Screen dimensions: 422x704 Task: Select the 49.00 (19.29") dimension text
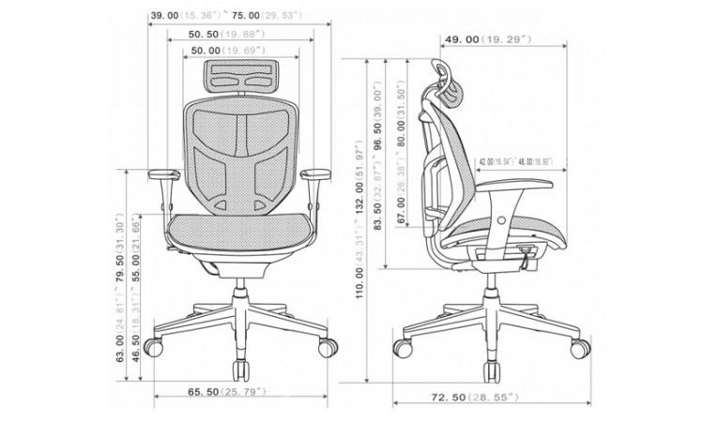click(x=487, y=40)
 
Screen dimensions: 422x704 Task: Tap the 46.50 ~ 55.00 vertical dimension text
click(x=137, y=309)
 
